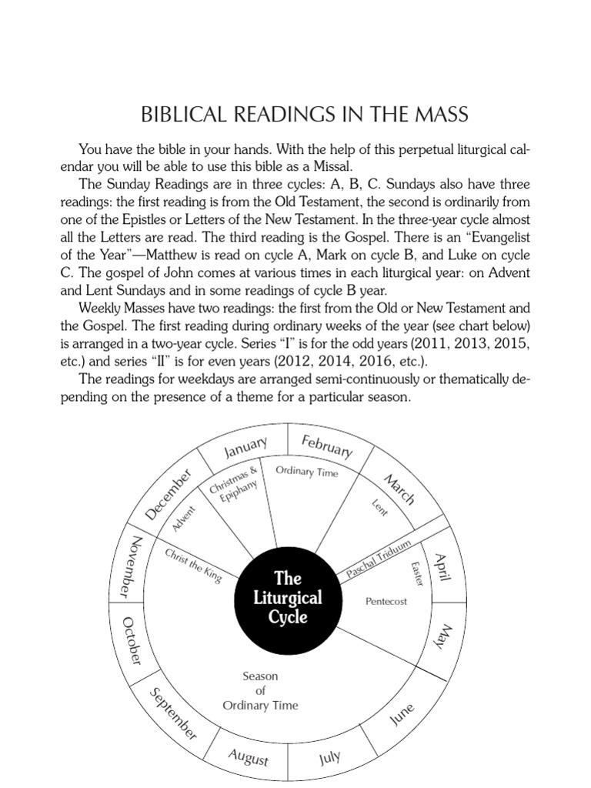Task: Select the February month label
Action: pyautogui.click(x=327, y=446)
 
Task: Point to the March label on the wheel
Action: pyautogui.click(x=399, y=489)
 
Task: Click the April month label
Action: pyautogui.click(x=442, y=570)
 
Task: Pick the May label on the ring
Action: pyautogui.click(x=445, y=638)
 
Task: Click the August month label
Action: pyautogui.click(x=249, y=757)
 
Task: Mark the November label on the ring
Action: pyautogui.click(x=130, y=566)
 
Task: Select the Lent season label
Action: pyautogui.click(x=380, y=508)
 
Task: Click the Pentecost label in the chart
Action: pyautogui.click(x=386, y=601)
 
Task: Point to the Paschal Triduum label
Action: pyautogui.click(x=374, y=559)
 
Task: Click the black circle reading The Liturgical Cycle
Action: pyautogui.click(x=288, y=597)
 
